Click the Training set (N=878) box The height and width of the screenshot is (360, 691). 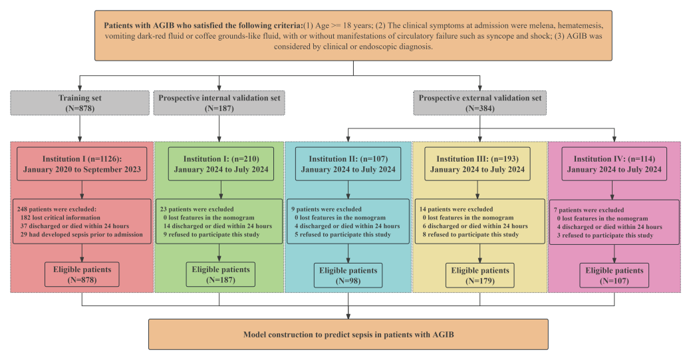pyautogui.click(x=80, y=103)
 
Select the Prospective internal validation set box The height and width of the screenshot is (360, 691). pyautogui.click(x=219, y=103)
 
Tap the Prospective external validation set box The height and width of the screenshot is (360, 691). pyautogui.click(x=480, y=103)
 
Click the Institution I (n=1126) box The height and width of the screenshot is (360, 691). pyautogui.click(x=82, y=164)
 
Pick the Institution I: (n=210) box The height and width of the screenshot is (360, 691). pyautogui.click(x=219, y=164)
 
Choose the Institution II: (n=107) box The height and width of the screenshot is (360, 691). pyautogui.click(x=348, y=164)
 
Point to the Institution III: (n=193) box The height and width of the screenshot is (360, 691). pyautogui.click(x=480, y=164)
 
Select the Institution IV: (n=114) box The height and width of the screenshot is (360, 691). pyautogui.click(x=613, y=164)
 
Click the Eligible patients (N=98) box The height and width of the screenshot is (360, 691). pyautogui.click(x=348, y=275)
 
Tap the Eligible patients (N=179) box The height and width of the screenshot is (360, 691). pyautogui.click(x=480, y=275)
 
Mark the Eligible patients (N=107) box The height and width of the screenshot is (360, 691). pyautogui.click(x=613, y=275)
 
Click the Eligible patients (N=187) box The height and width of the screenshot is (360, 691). pyautogui.click(x=219, y=274)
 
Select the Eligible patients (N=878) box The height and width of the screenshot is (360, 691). pyautogui.click(x=82, y=275)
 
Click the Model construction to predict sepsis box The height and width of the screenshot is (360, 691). pyautogui.click(x=348, y=334)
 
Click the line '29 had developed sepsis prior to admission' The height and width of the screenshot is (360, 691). pyautogui.click(x=82, y=234)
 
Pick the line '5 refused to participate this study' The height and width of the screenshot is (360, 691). pyautogui.click(x=343, y=234)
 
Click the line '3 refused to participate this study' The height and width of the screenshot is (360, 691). pyautogui.click(x=606, y=235)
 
